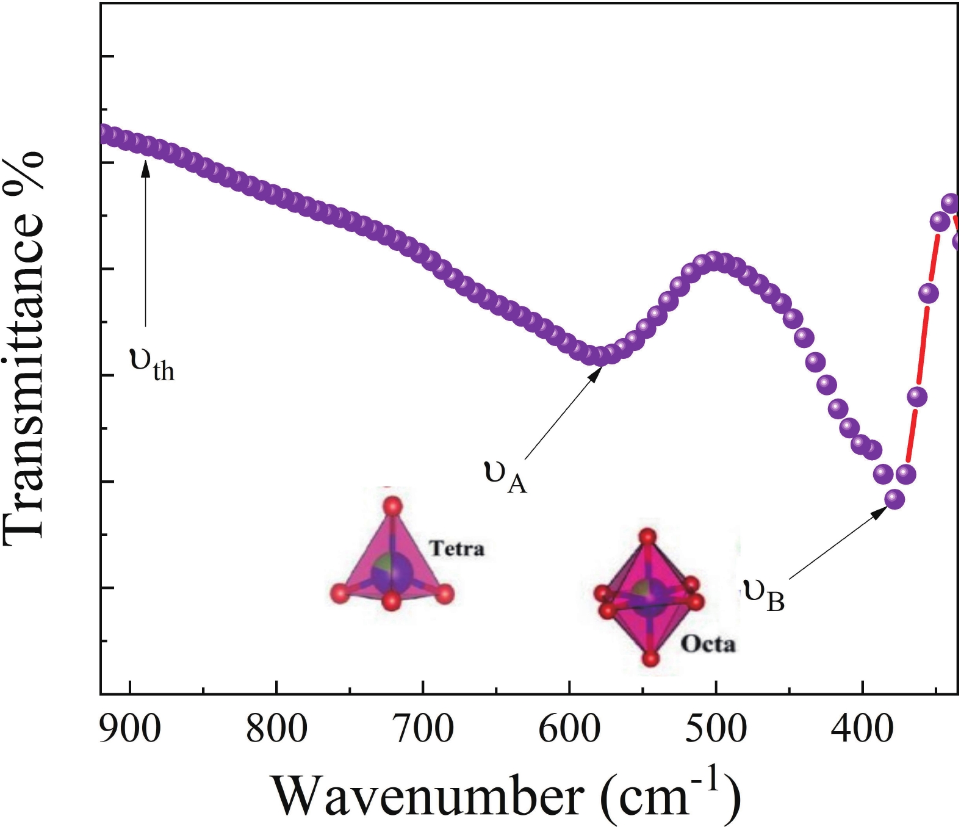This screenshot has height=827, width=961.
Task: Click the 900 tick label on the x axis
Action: pyautogui.click(x=130, y=728)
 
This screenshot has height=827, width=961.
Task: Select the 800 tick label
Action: pyautogui.click(x=276, y=728)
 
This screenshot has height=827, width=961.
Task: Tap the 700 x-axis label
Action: pyautogui.click(x=423, y=728)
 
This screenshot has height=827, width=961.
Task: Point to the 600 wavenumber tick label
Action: pyautogui.click(x=569, y=728)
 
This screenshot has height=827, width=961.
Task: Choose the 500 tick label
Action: pyautogui.click(x=716, y=728)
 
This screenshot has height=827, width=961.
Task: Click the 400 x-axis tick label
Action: pyautogui.click(x=862, y=728)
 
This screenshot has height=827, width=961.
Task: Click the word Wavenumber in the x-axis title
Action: pyautogui.click(x=427, y=795)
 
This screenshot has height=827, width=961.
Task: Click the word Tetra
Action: pyautogui.click(x=457, y=548)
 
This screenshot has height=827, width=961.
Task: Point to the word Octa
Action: pyautogui.click(x=708, y=644)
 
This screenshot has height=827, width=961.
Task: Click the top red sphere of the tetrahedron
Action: pyautogui.click(x=392, y=506)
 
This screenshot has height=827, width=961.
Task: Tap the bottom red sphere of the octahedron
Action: pyautogui.click(x=651, y=659)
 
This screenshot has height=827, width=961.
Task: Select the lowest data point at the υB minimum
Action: pyautogui.click(x=894, y=499)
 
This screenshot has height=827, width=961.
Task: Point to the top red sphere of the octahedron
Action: pyautogui.click(x=647, y=537)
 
